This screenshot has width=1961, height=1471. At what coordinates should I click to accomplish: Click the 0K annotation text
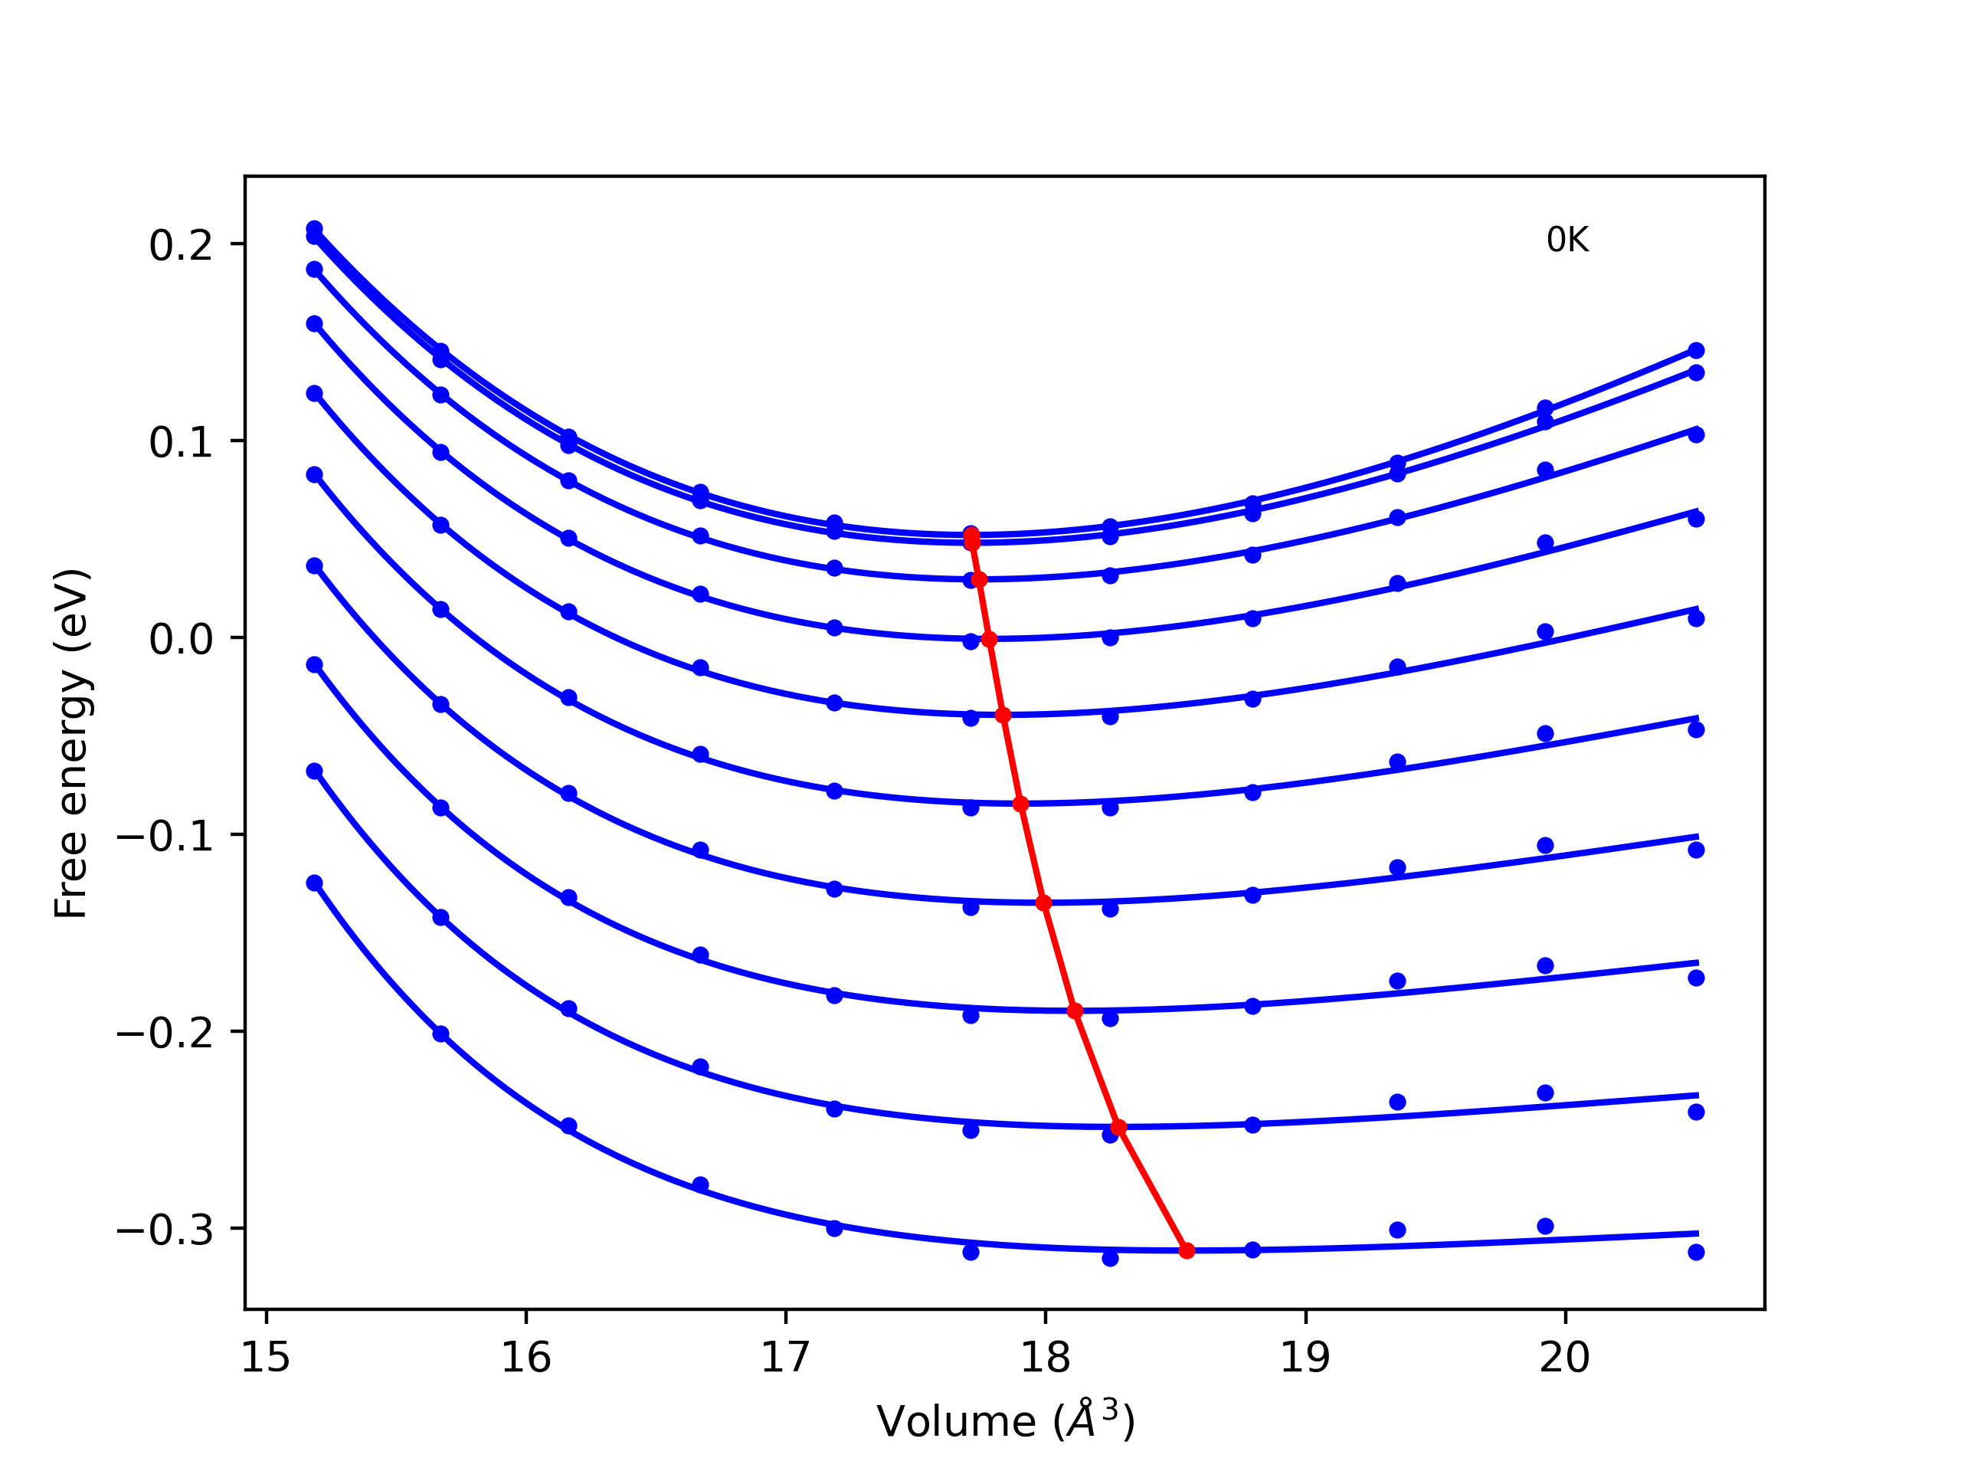[x=1567, y=241]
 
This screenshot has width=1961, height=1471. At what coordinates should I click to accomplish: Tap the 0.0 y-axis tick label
[x=181, y=639]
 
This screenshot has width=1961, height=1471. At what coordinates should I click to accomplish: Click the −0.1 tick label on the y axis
[x=165, y=836]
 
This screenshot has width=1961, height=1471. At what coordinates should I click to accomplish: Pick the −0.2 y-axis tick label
[x=165, y=1033]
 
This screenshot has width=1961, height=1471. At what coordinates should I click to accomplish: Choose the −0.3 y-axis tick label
[x=165, y=1230]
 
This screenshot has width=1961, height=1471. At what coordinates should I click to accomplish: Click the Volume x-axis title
[x=1005, y=1421]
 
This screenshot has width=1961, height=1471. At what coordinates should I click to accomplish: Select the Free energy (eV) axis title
[x=71, y=743]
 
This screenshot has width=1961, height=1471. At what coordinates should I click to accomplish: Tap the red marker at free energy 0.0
[x=990, y=639]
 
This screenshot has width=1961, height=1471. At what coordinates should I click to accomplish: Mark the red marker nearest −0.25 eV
[x=1119, y=1127]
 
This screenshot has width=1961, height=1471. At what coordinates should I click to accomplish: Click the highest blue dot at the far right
[x=1696, y=350]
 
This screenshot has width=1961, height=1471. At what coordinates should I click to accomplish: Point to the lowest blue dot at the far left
[x=315, y=883]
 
